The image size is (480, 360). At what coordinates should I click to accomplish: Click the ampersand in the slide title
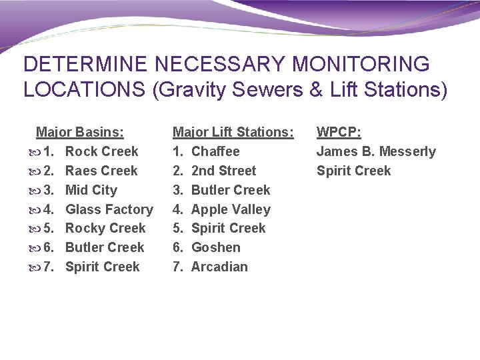coord(315,89)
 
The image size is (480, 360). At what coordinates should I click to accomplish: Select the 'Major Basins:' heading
coord(79,132)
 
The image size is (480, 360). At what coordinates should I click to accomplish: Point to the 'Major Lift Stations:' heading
coord(233,132)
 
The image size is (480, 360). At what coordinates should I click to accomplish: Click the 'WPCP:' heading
coord(339,132)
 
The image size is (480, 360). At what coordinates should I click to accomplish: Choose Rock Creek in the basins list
coord(101,151)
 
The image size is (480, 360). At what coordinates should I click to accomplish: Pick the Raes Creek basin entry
coord(101,171)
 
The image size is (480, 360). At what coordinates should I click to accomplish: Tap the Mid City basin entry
coord(91,190)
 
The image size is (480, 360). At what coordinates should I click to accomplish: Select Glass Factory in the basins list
coord(109,209)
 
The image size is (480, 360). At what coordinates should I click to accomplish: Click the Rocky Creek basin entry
coord(105,228)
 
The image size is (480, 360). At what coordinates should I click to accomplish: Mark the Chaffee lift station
coord(215,151)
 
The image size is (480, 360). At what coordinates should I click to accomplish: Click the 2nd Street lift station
coord(223,171)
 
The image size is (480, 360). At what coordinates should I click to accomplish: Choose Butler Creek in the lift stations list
coord(230,190)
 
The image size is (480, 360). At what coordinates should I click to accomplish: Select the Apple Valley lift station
coord(231,209)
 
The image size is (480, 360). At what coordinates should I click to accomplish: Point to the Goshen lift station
coord(215,247)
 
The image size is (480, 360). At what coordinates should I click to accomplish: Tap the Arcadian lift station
coord(219,267)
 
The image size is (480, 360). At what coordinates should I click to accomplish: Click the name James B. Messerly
coord(375,151)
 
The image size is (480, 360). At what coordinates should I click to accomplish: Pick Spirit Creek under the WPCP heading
coord(353,171)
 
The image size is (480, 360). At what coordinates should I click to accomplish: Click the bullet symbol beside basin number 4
coord(35,210)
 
